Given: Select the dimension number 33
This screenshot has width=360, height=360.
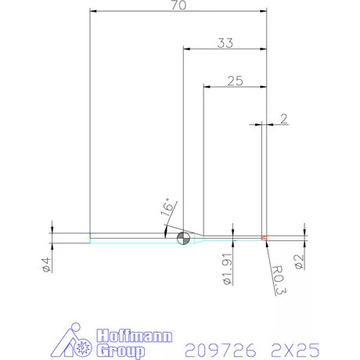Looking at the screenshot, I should tap(225, 44).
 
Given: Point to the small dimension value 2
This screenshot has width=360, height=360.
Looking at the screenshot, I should tap(283, 119).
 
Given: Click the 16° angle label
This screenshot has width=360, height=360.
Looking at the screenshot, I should tap(167, 209).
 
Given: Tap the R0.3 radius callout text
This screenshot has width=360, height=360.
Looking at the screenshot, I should tap(278, 278).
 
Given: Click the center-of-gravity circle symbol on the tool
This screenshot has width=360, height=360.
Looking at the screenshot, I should tap(184, 238).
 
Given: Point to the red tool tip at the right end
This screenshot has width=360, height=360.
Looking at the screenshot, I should tap(265, 237).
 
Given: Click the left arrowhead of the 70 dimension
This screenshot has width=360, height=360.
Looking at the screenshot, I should tap(93, 11).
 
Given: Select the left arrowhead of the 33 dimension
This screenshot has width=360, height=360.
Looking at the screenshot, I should tap(185, 49).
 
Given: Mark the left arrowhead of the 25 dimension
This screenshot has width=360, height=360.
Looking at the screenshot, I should tap(206, 85).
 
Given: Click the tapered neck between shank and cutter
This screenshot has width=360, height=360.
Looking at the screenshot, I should tap(199, 237).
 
